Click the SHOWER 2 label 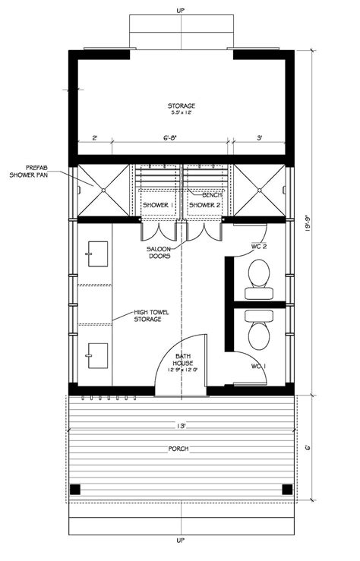tap(204, 205)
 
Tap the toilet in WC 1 tap(260, 331)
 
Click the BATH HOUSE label tap(182, 363)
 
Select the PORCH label tap(180, 449)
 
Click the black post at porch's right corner tap(286, 490)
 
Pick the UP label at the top tap(180, 10)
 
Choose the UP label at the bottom tap(180, 541)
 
